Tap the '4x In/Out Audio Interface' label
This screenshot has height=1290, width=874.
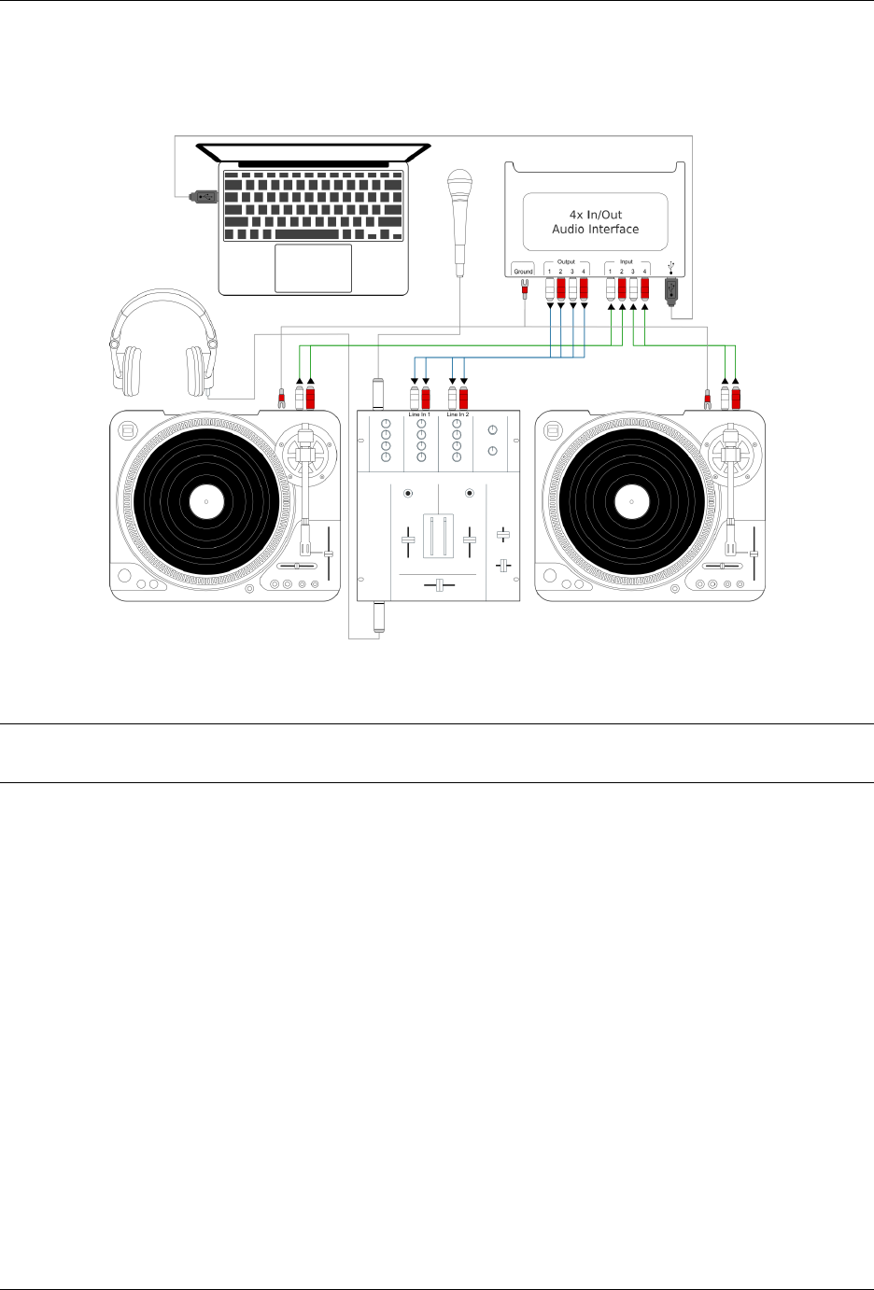(x=595, y=221)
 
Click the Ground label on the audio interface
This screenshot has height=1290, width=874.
(x=523, y=272)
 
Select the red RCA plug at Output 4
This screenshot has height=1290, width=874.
(x=584, y=288)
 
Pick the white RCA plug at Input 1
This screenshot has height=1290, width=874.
(x=611, y=288)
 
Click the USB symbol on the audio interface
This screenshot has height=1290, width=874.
(x=670, y=265)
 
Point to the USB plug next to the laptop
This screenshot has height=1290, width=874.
(x=203, y=197)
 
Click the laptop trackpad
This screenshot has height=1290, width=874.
(x=313, y=268)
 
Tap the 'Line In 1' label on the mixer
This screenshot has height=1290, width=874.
(x=419, y=414)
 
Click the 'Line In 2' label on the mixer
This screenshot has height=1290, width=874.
(x=458, y=414)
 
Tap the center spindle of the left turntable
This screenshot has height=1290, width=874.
(x=205, y=502)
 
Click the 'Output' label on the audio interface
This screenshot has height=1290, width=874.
(x=566, y=261)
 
